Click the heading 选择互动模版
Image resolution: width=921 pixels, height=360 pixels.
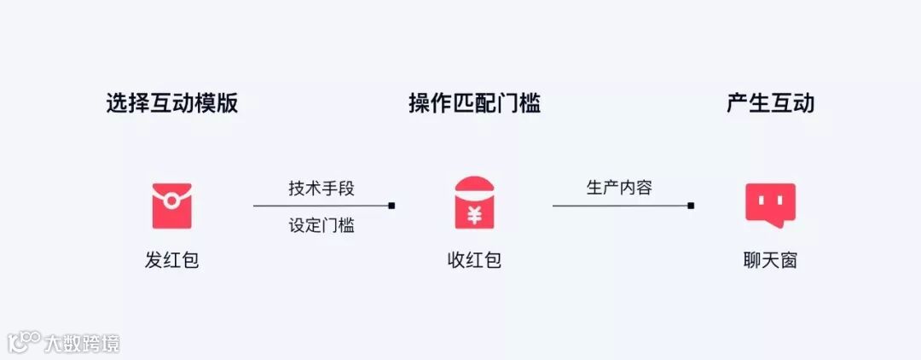tap(171, 104)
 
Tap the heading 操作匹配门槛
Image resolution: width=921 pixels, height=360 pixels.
tap(474, 104)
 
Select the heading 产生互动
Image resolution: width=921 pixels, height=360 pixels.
tap(770, 104)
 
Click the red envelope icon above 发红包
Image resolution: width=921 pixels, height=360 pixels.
tap(171, 206)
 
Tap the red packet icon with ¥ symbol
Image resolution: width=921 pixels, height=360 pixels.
tap(474, 202)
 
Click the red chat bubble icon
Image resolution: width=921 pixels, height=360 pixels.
tap(770, 205)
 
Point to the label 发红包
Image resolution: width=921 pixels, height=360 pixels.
tap(171, 260)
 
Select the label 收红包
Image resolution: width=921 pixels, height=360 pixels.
tap(474, 260)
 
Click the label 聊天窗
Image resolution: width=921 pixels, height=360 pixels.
tap(770, 260)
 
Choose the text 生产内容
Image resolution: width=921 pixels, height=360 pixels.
tap(619, 188)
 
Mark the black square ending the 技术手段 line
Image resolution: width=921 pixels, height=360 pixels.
tap(391, 206)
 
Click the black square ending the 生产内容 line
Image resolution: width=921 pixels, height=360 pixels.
tap(691, 206)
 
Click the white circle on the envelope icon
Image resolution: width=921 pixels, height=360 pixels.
tap(171, 201)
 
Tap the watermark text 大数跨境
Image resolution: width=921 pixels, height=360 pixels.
tap(84, 343)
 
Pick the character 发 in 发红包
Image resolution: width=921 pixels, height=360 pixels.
tap(154, 260)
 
